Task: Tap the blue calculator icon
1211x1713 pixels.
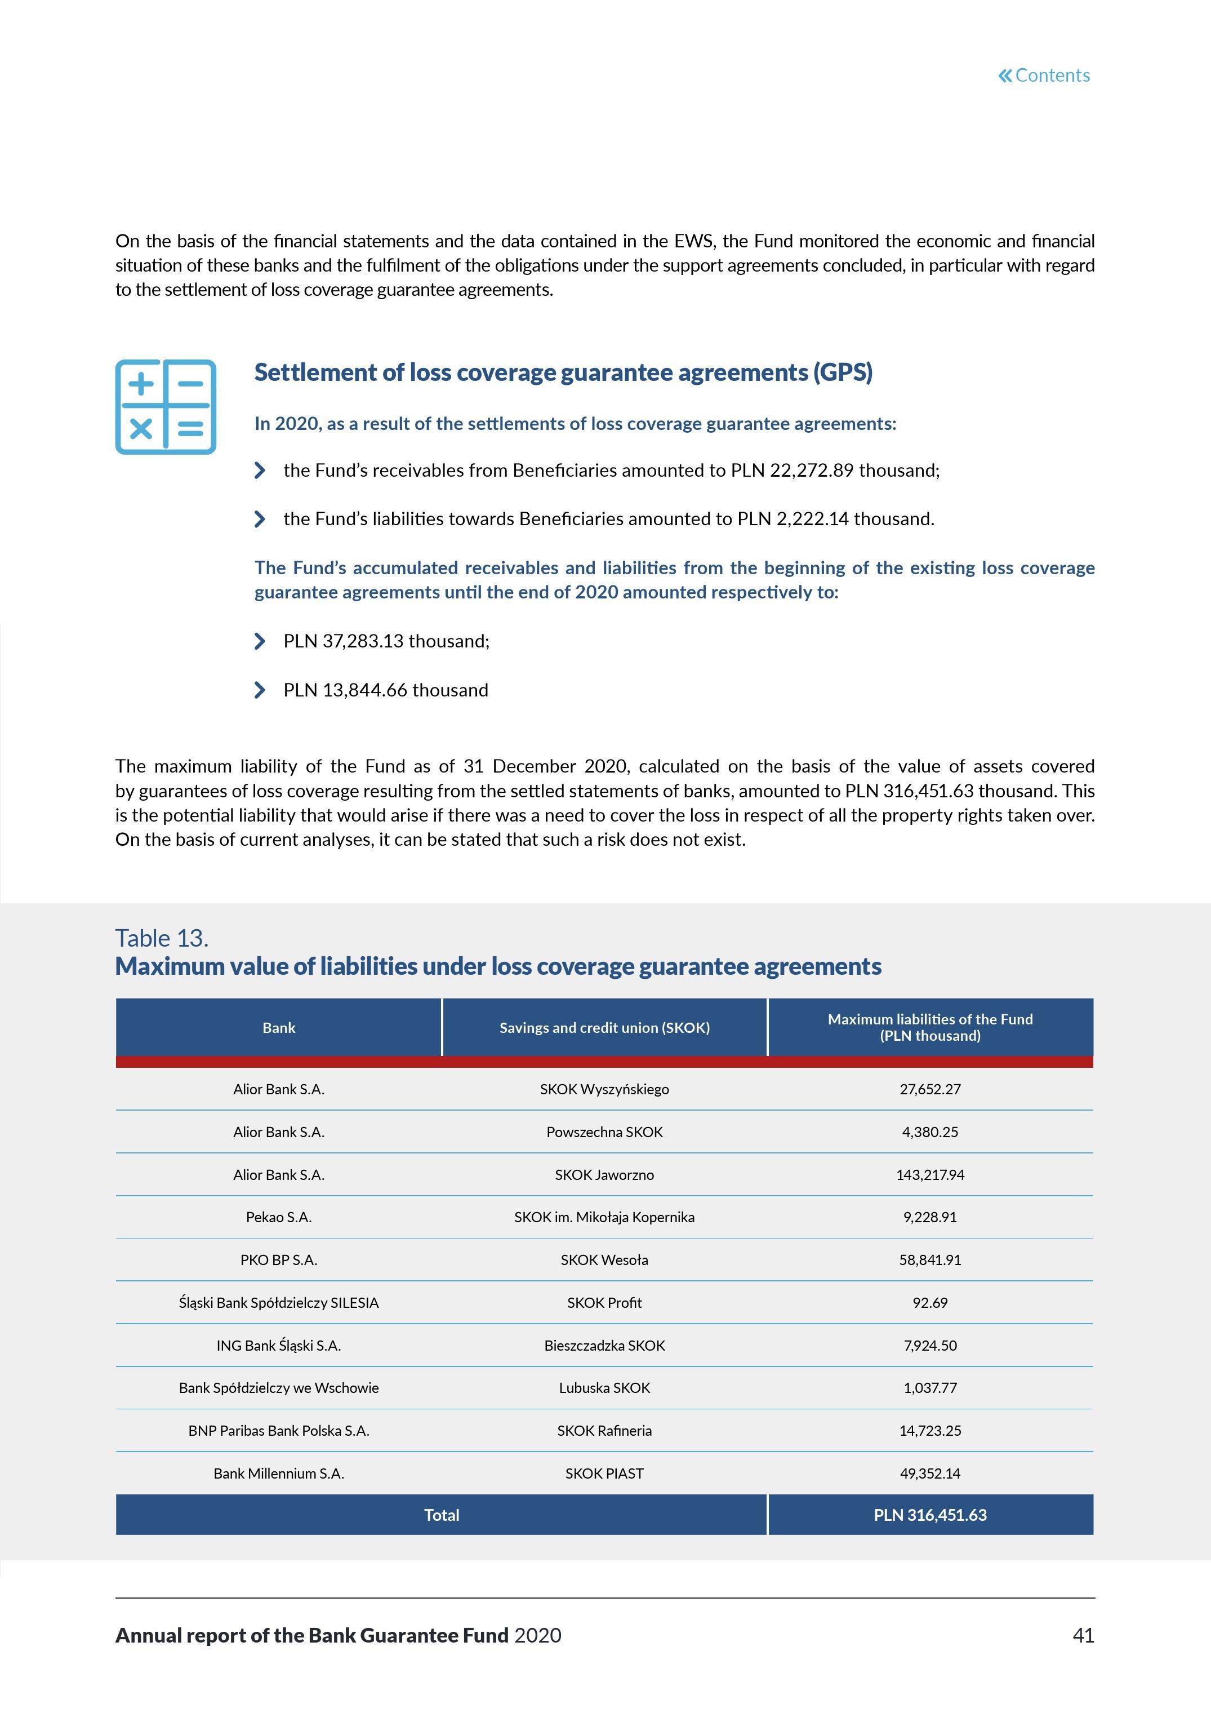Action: point(166,407)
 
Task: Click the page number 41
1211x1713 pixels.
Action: point(1083,1635)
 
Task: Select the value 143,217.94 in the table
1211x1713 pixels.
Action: point(930,1174)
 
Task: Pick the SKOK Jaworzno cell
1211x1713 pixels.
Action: point(604,1174)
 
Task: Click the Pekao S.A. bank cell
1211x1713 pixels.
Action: point(279,1217)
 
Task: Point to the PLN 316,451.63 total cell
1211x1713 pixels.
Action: point(930,1515)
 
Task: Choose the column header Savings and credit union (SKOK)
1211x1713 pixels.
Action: point(604,1027)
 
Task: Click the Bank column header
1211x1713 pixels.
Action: point(279,1027)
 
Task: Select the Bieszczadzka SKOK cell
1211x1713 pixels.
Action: point(604,1345)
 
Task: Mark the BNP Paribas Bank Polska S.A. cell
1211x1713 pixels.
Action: point(279,1430)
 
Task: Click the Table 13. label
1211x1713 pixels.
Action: point(162,938)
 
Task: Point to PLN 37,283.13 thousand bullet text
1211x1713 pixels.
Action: point(386,641)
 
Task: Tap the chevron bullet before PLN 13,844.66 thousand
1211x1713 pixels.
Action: point(260,690)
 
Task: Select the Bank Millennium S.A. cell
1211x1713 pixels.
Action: point(279,1473)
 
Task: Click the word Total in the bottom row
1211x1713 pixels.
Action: point(442,1515)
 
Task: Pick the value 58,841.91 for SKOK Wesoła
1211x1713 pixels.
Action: point(930,1259)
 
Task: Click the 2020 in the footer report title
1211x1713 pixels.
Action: point(538,1635)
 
